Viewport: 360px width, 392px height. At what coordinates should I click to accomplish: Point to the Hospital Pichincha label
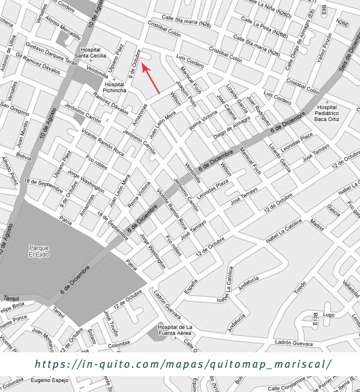[114, 87]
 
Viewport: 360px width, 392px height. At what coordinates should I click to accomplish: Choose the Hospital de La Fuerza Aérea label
[174, 330]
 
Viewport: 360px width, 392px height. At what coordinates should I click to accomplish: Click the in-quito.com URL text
[183, 364]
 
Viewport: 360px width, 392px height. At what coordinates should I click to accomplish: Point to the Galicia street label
[333, 210]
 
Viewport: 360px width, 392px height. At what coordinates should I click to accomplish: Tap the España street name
[191, 287]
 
